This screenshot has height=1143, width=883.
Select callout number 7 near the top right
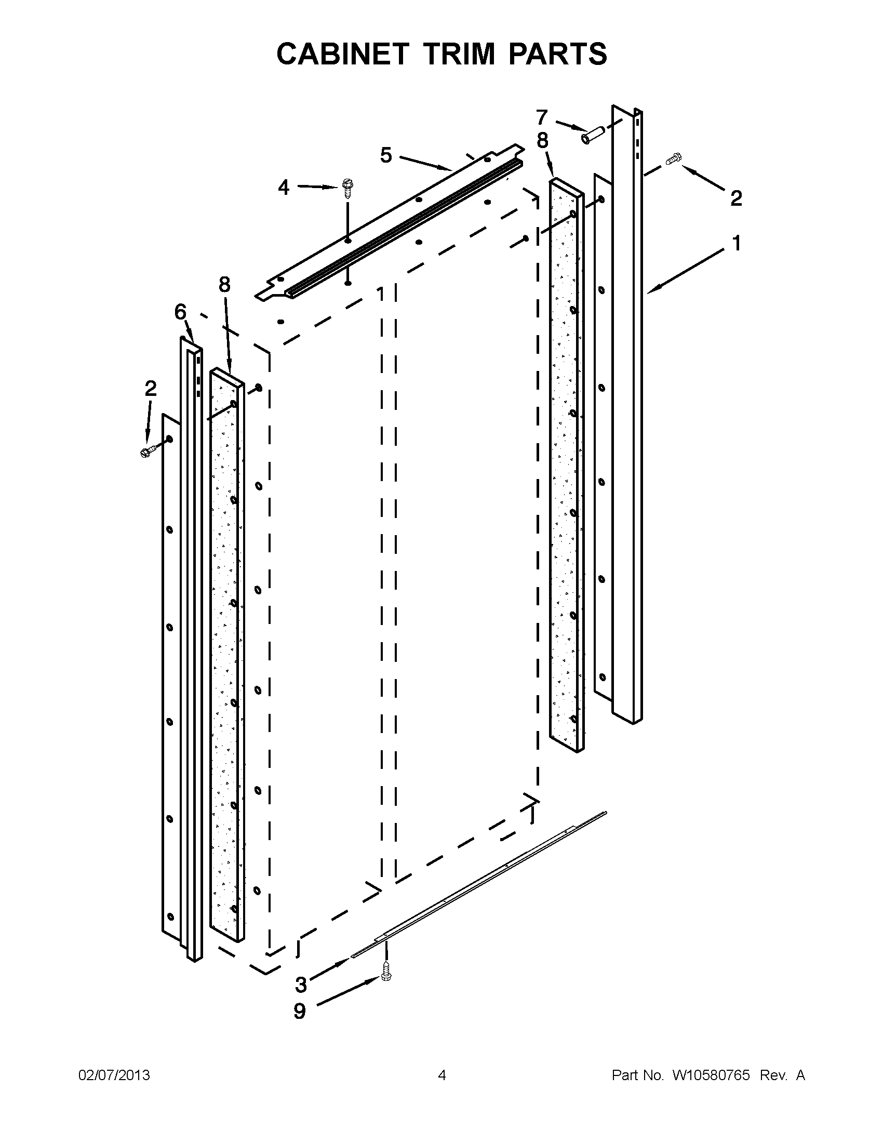541,117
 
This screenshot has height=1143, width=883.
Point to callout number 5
386,155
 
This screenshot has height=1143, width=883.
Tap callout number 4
284,188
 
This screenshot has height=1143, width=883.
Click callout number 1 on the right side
737,243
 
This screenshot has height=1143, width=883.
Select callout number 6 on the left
180,312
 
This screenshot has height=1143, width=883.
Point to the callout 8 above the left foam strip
224,285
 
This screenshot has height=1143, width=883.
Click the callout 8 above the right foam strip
542,140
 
